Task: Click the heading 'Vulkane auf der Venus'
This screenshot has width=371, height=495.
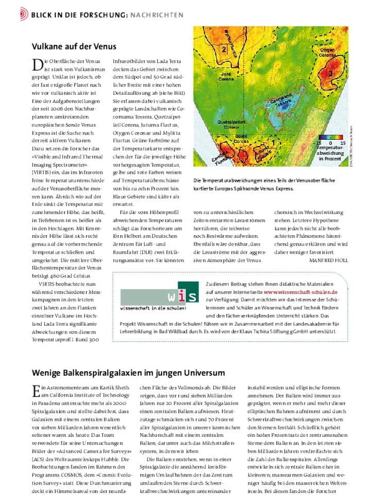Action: tap(74, 46)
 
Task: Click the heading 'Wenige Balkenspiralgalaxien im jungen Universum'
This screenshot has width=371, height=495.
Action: tap(129, 372)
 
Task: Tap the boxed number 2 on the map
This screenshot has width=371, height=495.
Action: tap(224, 49)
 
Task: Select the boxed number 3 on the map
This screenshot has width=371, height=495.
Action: tap(330, 74)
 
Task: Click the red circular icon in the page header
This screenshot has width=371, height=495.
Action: tap(24, 14)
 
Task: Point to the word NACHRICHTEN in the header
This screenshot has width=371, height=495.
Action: tap(157, 15)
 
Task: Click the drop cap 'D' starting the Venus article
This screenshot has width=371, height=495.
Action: tap(37, 64)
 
